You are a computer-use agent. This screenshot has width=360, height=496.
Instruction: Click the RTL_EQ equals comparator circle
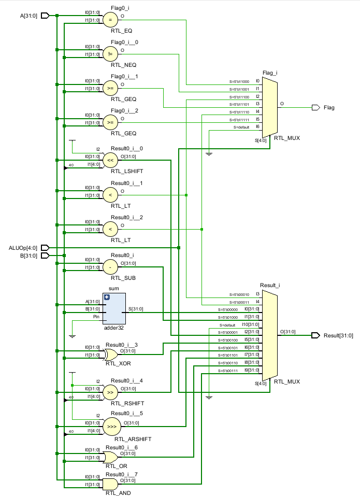pyautogui.click(x=110, y=20)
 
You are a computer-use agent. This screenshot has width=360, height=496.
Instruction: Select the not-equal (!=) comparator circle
pyautogui.click(x=110, y=54)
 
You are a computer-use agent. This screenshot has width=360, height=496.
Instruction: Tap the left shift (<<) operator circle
pyautogui.click(x=110, y=161)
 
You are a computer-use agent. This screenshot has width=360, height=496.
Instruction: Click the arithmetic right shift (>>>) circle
pyautogui.click(x=110, y=427)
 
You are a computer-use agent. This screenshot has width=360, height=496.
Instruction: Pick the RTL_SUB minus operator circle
pyautogui.click(x=110, y=267)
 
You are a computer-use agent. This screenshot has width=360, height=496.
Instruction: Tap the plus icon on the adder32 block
pyautogui.click(x=107, y=297)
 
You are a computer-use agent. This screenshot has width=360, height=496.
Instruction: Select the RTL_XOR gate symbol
pyautogui.click(x=110, y=355)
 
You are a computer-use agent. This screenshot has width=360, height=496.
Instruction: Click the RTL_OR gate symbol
pyautogui.click(x=110, y=458)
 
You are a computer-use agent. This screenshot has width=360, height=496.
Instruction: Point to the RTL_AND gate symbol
pyautogui.click(x=110, y=485)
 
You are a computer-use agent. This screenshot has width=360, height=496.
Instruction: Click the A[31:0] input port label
pyautogui.click(x=29, y=16)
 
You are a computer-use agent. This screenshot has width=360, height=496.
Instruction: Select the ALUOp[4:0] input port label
pyautogui.click(x=24, y=248)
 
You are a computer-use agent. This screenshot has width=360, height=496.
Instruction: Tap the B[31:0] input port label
pyautogui.click(x=29, y=256)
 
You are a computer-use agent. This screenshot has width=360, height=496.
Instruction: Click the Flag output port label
pyautogui.click(x=328, y=108)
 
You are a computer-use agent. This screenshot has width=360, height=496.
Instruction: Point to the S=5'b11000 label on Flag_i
pyautogui.click(x=239, y=81)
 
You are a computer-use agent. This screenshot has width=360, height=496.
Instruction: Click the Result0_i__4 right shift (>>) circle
pyautogui.click(x=110, y=392)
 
